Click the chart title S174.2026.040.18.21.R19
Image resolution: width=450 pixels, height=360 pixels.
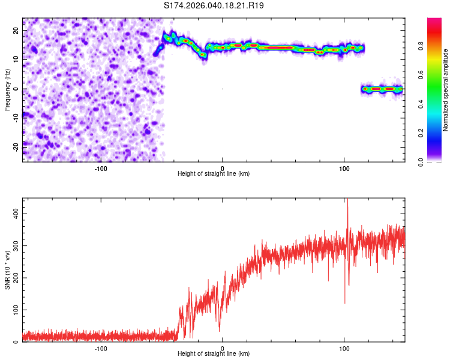[x=214, y=5]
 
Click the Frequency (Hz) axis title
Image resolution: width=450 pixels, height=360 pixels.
[x=7, y=89]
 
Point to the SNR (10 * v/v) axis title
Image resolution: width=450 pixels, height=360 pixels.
[x=7, y=269]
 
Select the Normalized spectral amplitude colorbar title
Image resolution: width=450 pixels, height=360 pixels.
[x=446, y=90]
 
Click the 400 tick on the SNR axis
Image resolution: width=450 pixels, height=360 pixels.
[x=13, y=214]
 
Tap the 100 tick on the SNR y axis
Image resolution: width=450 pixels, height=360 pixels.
[x=13, y=310]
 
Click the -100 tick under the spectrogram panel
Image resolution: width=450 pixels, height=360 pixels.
[x=101, y=168]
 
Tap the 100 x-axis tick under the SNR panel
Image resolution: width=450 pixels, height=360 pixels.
[x=344, y=348]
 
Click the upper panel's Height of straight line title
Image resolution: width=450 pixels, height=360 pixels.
[x=214, y=174]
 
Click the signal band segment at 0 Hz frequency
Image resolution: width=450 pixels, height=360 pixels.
[x=382, y=89]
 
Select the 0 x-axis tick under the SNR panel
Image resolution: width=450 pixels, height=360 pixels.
[x=223, y=348]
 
